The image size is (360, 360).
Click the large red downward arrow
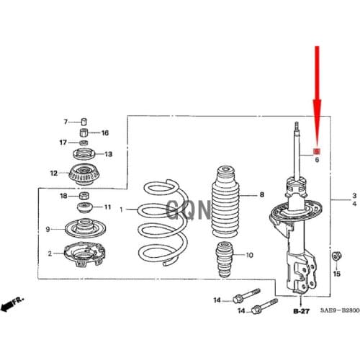coord(316,94)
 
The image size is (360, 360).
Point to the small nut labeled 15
coord(335,257)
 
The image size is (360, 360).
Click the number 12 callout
coord(53,173)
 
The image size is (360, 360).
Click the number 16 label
coord(104,133)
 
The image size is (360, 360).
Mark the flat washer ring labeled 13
coord(84,155)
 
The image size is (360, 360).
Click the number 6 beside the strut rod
coord(315,161)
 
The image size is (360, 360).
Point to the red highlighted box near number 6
coord(315,152)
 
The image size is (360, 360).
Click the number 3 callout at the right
coord(354,196)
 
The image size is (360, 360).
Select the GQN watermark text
coord(189,210)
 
